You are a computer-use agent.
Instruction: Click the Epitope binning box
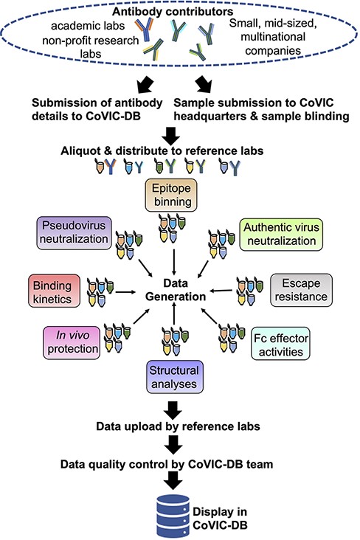tap(173, 194)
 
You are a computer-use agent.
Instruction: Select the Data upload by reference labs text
tap(177, 426)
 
